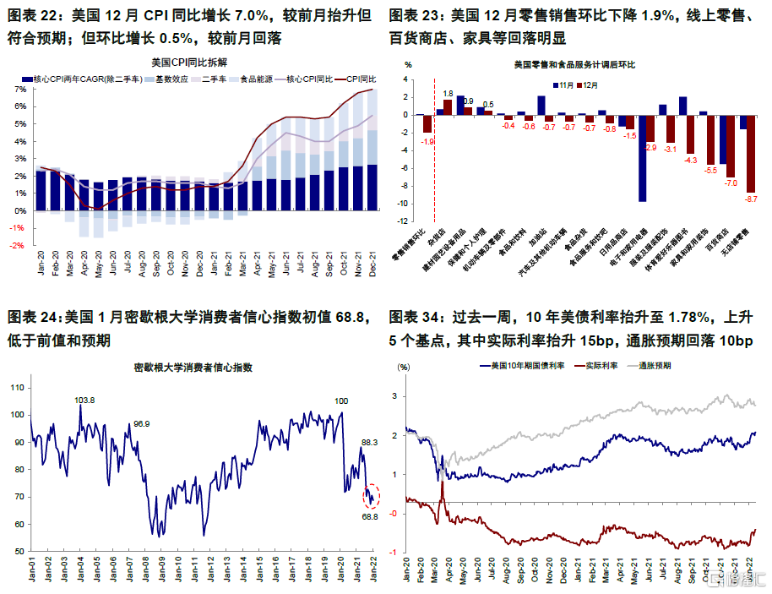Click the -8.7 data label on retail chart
751,199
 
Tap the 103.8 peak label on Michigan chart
85,401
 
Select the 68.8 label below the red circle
370,516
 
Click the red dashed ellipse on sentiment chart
372,495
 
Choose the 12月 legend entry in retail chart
590,84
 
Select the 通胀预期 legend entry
655,366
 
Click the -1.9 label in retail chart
427,141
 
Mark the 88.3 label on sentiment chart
370,441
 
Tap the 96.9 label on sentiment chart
141,423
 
